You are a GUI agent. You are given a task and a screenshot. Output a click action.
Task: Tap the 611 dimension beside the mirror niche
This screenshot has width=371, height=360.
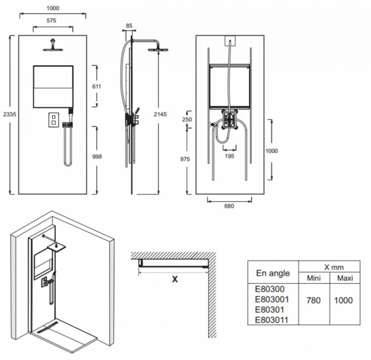96,86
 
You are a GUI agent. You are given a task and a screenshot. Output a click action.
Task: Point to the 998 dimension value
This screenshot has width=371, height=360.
97,156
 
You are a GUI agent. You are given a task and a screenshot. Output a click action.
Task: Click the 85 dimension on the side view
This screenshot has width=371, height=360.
129,26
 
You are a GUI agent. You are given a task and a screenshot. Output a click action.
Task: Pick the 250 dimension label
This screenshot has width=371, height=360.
187,119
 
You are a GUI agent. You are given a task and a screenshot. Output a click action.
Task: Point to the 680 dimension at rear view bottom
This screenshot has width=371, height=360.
228,206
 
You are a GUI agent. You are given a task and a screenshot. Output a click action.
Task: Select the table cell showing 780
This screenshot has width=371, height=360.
314,300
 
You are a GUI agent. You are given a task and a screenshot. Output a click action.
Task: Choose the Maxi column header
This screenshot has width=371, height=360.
345,278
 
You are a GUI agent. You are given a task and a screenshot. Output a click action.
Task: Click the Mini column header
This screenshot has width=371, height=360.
314,278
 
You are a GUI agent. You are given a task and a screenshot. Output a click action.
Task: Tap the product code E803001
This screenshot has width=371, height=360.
272,299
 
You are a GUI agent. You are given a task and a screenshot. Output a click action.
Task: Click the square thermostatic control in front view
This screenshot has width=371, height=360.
52,121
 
